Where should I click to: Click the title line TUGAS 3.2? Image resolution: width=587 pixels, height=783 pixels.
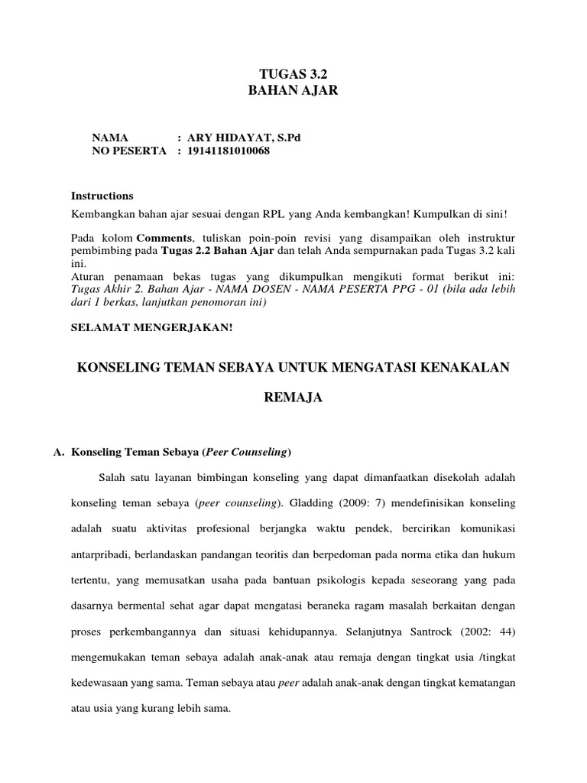293,75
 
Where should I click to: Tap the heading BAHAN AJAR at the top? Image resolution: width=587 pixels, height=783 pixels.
293,90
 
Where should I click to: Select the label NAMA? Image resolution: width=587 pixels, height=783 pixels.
110,138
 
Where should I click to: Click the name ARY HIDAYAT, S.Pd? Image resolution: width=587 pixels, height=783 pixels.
239,138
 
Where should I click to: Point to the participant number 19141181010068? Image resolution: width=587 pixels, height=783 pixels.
229,151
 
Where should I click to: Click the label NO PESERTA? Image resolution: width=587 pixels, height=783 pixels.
128,151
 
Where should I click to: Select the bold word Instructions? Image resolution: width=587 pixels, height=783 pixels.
102,196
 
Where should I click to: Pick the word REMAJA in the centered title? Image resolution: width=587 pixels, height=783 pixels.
293,398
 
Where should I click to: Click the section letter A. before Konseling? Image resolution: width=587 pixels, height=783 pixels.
58,452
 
